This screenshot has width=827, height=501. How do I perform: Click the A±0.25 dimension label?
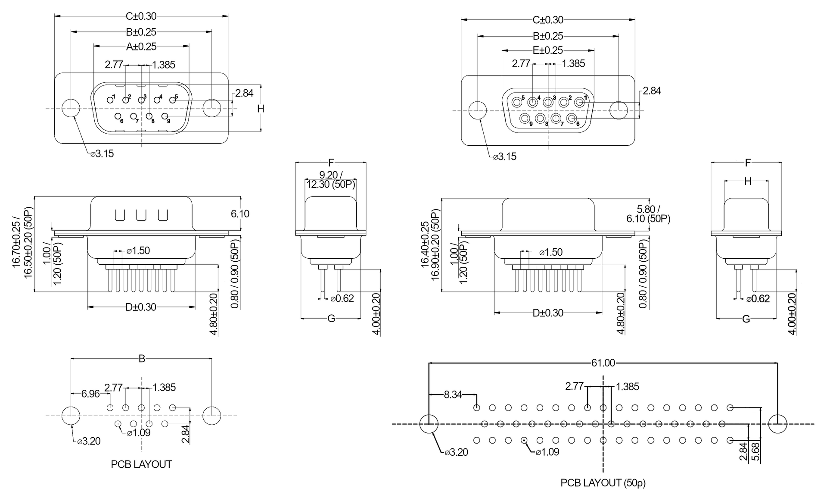pos(141,47)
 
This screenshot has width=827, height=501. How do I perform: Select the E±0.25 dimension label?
pos(548,50)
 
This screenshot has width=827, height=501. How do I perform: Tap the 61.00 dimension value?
pos(603,363)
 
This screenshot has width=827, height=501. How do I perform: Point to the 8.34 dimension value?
pos(453,395)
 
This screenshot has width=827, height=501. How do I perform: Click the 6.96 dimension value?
pos(90,394)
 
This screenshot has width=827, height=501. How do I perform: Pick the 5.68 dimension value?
pos(755,451)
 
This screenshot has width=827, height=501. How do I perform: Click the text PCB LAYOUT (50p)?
pos(603,483)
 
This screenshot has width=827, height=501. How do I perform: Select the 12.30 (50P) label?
pos(331,185)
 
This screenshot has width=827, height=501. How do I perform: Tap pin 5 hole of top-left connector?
pos(172,100)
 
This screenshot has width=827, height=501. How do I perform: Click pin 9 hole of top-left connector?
pos(165,116)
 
